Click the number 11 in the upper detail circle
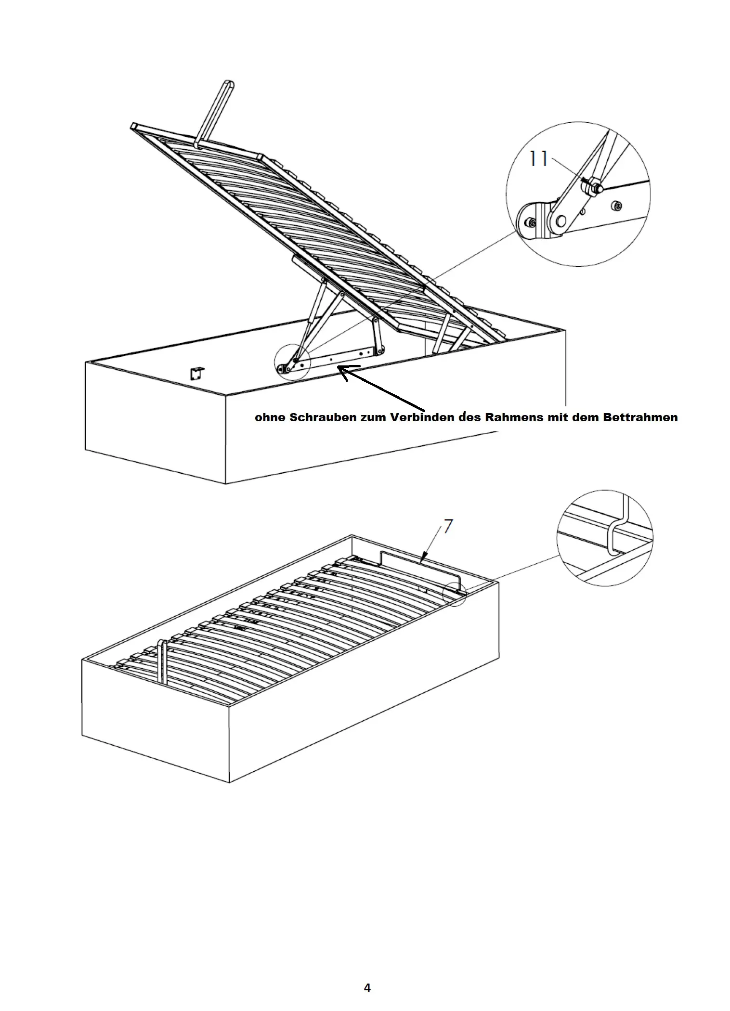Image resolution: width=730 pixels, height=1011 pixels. pyautogui.click(x=538, y=158)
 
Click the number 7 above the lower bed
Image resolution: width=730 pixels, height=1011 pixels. pyautogui.click(x=448, y=526)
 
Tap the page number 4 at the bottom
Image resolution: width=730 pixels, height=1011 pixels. pyautogui.click(x=367, y=988)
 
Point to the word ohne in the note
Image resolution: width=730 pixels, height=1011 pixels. pyautogui.click(x=270, y=417)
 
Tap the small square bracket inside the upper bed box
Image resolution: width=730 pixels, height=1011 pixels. pyautogui.click(x=197, y=373)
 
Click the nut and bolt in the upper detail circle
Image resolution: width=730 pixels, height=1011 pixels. pyautogui.click(x=594, y=185)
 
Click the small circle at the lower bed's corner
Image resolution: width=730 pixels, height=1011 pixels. pyautogui.click(x=455, y=594)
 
